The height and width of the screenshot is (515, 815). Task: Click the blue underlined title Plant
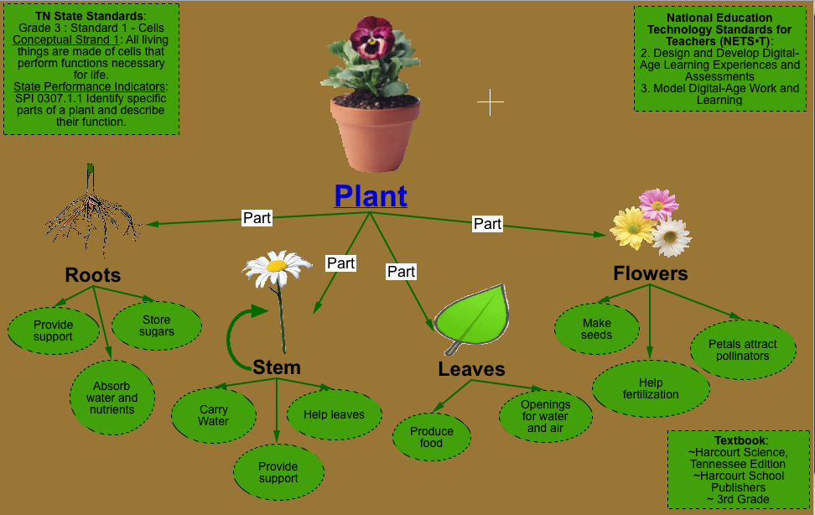pos(371,195)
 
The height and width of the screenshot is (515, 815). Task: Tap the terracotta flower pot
pos(370,134)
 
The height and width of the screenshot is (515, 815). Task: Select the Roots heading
pos(93,275)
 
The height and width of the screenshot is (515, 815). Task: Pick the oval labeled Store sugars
pos(157,325)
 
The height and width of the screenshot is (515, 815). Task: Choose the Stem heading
pos(276,367)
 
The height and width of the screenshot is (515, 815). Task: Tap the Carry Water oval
pos(213,415)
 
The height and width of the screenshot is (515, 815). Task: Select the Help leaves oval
pos(334,414)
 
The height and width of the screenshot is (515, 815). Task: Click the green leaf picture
pos(475,320)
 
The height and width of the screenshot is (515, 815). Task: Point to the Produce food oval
pos(432,437)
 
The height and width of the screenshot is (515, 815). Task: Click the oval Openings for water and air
pos(545,416)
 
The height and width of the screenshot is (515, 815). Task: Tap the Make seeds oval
pos(596,329)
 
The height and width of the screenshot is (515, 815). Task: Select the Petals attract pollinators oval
pos(742,350)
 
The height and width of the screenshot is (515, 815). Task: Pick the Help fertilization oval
pos(651,389)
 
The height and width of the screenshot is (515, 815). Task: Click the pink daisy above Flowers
pos(658,203)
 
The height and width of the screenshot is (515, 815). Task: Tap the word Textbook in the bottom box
pos(740,440)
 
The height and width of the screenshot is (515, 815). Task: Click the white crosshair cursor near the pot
pos(491,102)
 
